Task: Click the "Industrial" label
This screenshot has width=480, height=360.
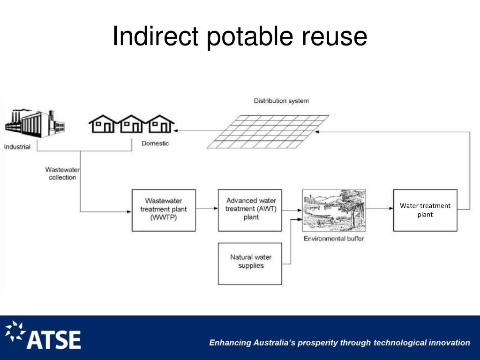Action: pos(17,147)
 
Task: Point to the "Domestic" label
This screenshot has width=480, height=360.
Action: pos(155,143)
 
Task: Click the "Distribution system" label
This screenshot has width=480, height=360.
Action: pos(281,101)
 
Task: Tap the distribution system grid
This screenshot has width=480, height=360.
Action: pos(268,131)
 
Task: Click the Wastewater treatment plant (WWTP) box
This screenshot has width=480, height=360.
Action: pos(164,210)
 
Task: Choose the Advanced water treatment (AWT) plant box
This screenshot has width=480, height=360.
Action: pos(250,210)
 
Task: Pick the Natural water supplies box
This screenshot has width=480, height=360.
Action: pos(250,263)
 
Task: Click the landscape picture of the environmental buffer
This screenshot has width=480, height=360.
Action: pos(334,210)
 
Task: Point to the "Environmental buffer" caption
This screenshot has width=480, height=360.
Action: pos(334,239)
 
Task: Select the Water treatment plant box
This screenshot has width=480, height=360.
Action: pos(425,210)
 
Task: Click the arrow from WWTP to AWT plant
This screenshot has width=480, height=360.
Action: pos(207,210)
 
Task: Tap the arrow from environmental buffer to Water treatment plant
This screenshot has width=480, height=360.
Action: pos(379,210)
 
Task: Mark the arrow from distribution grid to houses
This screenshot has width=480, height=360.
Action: pos(197,131)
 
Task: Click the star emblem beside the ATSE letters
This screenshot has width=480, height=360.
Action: pos(15,332)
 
